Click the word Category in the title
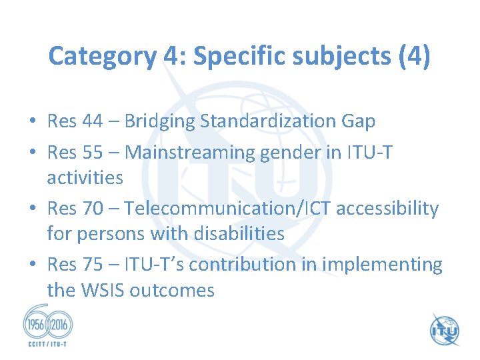click(x=102, y=56)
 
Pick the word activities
click(x=85, y=177)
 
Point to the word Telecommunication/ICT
click(x=228, y=209)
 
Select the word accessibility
click(x=387, y=209)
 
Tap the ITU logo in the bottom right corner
click(x=444, y=329)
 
